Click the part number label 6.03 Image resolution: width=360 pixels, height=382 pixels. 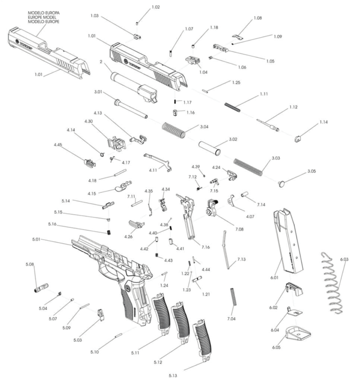344,259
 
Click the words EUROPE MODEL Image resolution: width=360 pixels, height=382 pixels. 42,17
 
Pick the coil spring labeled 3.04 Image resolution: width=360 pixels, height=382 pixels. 174,130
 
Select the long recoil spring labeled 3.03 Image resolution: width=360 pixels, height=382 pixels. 248,167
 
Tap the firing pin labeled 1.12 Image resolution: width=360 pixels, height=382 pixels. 268,125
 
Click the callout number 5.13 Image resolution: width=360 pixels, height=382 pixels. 173,375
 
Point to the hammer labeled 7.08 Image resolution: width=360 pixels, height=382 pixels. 211,208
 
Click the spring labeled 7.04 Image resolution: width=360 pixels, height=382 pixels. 234,297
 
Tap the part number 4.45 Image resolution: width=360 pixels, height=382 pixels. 58,144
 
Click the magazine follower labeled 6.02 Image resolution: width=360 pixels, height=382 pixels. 294,289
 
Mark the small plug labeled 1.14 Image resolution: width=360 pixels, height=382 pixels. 297,139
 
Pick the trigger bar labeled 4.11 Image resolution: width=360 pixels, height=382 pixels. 158,162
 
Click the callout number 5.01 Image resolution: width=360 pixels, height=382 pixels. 36,239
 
